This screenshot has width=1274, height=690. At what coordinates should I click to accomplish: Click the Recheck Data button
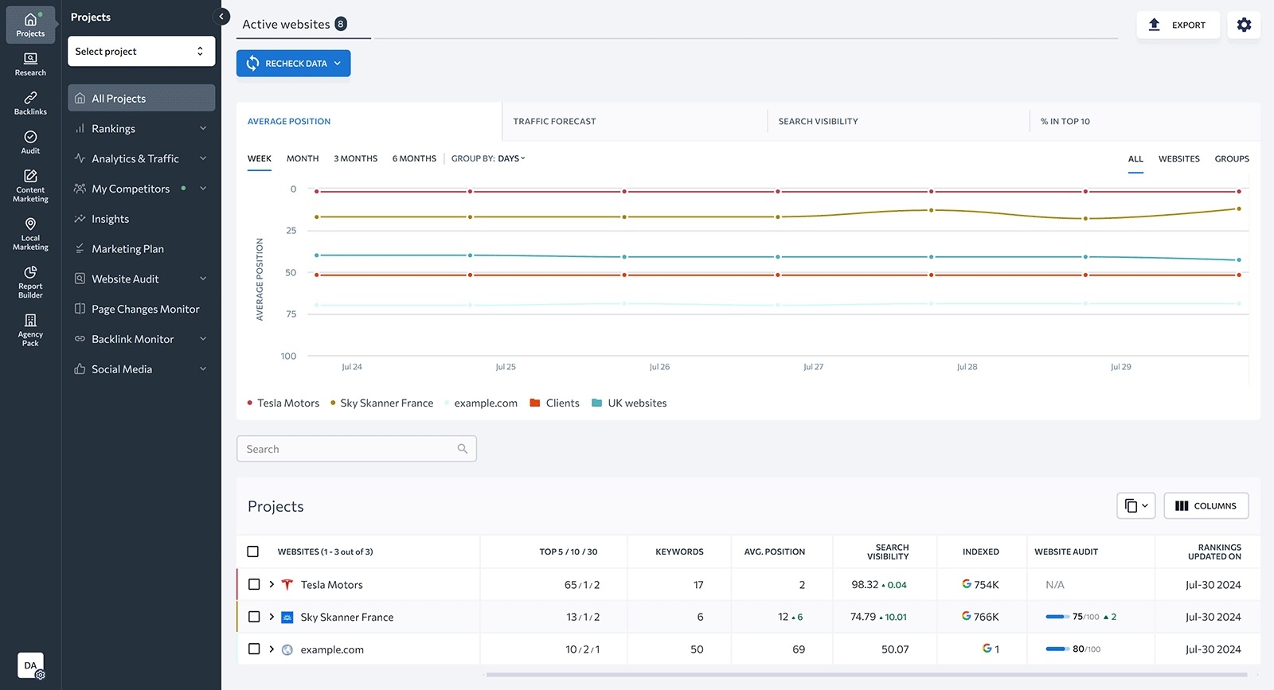point(293,64)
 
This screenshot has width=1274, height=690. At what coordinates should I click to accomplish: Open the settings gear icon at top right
point(1244,25)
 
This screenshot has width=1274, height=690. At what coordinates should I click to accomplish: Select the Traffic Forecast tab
point(554,122)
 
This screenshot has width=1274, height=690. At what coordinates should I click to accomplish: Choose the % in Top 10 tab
point(1065,122)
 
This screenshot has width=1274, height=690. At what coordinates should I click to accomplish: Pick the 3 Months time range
point(355,158)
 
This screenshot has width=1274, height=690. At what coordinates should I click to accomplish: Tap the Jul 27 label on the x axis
point(813,367)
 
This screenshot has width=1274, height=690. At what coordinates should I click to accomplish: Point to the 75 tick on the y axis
point(291,314)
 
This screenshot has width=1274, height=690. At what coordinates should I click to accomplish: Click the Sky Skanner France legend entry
point(386,403)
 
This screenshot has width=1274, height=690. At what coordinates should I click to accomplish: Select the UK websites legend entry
point(636,403)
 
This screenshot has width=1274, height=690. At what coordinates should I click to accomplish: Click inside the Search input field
point(350,449)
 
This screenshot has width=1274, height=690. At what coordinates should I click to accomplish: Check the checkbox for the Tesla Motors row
point(254,584)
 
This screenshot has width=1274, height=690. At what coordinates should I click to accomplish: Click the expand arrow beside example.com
point(272,649)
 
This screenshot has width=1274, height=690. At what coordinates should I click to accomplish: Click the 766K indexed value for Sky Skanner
point(985,617)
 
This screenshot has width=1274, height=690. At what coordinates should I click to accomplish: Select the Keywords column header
point(679,552)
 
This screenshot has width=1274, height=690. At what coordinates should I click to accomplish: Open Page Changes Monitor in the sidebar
point(145,309)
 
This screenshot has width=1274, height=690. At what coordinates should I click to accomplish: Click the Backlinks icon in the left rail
point(30,103)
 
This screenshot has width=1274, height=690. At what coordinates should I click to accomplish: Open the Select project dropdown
point(141,51)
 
